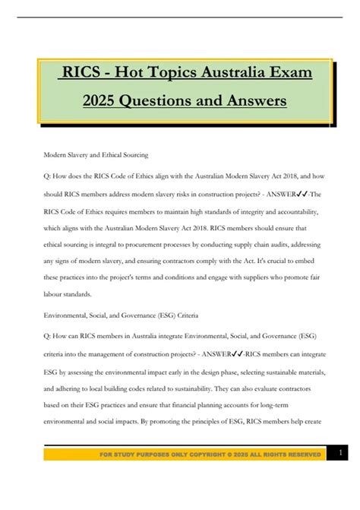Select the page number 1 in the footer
point(341,453)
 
